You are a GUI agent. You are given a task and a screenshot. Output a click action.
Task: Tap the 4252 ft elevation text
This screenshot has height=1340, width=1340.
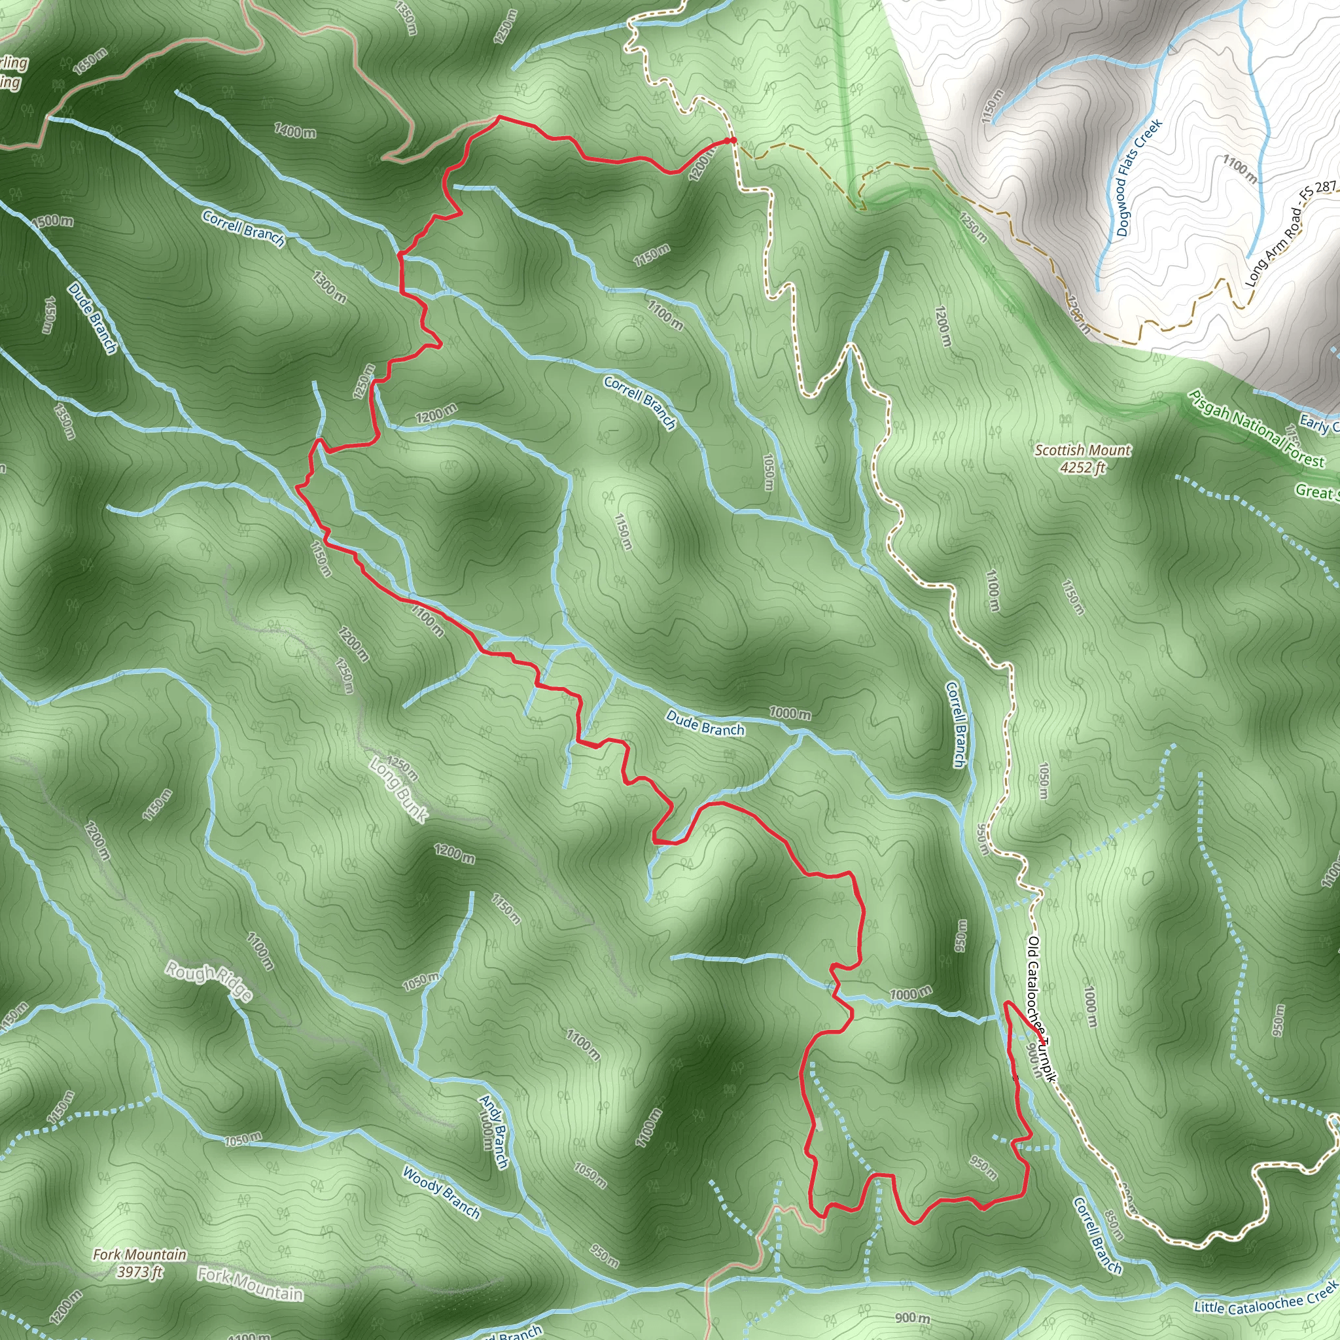coord(1082,468)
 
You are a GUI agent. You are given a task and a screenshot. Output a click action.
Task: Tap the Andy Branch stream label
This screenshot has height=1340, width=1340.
coord(494,1130)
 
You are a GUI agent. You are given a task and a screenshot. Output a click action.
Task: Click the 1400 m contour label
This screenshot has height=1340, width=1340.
coord(296,130)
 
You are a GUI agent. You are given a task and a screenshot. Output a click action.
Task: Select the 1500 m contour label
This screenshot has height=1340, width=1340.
coord(52,220)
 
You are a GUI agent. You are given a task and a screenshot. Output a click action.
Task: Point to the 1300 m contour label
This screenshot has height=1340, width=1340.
coord(328,287)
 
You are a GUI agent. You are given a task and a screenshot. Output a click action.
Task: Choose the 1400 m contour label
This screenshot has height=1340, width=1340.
coord(296,130)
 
